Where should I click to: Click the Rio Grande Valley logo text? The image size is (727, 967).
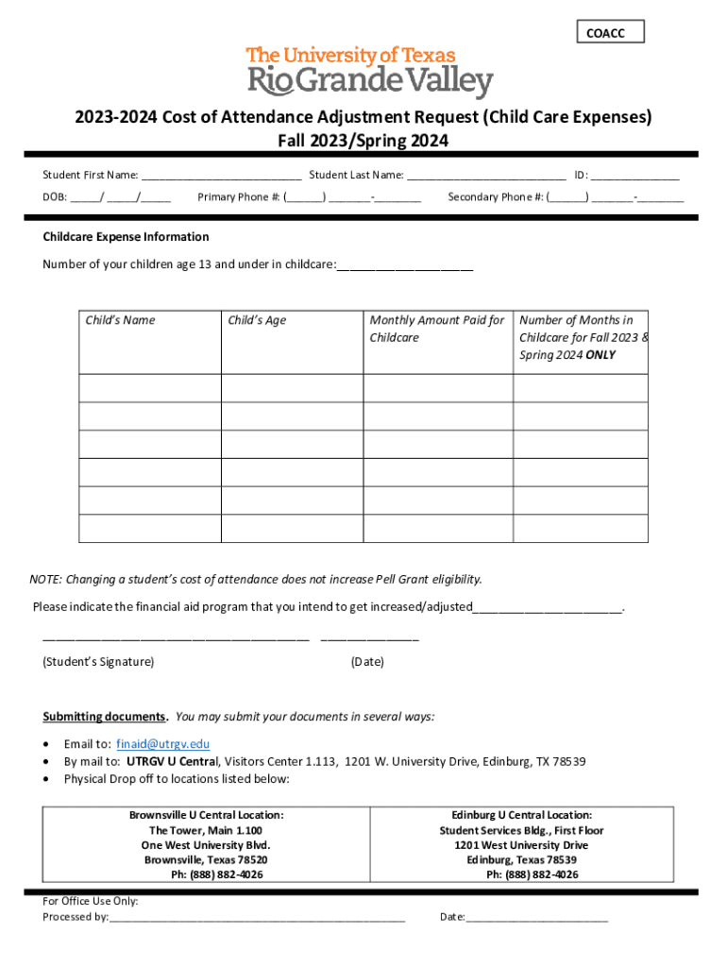point(369,81)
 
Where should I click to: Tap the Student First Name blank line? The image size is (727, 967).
point(222,176)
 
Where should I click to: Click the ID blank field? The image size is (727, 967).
point(635,176)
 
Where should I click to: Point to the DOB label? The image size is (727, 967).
point(54,197)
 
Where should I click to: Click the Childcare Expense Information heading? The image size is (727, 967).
point(126,237)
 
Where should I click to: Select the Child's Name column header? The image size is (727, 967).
point(120,320)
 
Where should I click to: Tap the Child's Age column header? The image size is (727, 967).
point(257,320)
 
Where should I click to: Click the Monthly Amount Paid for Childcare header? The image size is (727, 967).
point(436,329)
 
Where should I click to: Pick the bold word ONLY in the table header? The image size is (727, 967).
point(600,355)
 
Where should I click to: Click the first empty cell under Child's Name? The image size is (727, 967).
point(149,388)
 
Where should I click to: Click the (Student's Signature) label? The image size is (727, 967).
point(98,662)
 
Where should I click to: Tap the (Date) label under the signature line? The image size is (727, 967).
point(367,662)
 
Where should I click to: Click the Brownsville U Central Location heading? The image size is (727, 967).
point(206,815)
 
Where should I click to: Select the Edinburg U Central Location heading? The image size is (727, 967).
point(521,815)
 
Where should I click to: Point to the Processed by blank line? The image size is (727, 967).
point(257,917)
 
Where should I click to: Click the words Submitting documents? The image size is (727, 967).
point(105,717)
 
